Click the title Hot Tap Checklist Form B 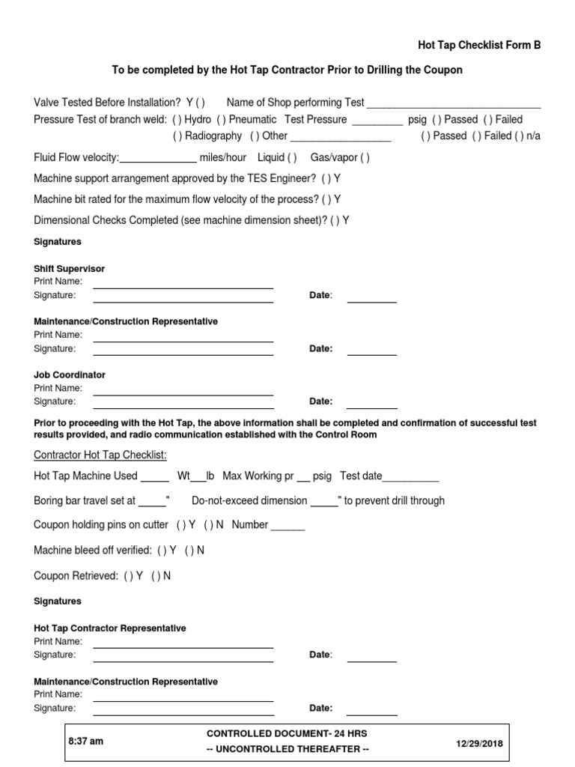[479, 45]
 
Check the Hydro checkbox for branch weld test [177, 120]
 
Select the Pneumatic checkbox [222, 120]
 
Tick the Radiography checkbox [177, 136]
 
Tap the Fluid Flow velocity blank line [158, 159]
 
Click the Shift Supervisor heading [70, 268]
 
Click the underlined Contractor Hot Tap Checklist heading [100, 455]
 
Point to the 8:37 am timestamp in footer [86, 742]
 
